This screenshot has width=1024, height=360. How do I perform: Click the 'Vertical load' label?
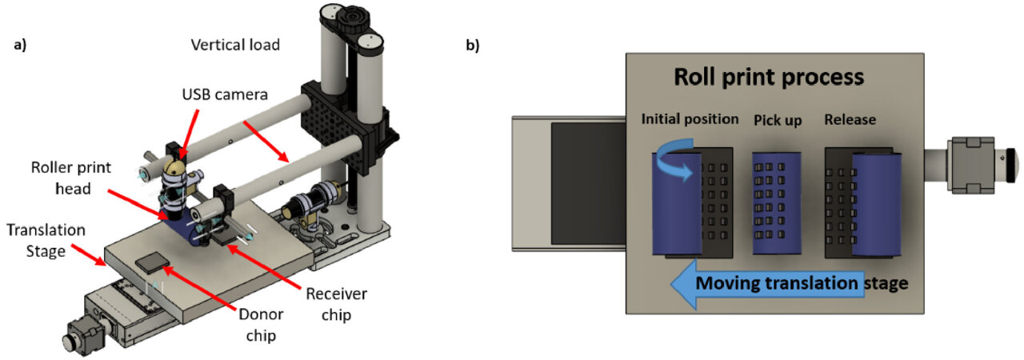[x=235, y=45]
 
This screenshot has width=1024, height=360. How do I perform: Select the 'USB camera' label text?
[x=225, y=94]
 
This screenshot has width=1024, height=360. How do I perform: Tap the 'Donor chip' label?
[x=261, y=325]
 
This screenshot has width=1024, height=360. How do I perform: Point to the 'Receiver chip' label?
[x=336, y=304]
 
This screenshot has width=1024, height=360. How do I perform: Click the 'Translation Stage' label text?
[x=46, y=240]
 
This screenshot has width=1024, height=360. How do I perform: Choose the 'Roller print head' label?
[x=71, y=178]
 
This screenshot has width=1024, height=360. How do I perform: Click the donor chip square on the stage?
[x=152, y=262]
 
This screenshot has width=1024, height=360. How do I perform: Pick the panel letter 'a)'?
[x=20, y=45]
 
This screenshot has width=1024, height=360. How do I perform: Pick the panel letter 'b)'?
[x=473, y=46]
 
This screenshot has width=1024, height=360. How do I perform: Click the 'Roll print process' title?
[x=769, y=77]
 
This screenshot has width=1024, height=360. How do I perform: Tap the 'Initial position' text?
[x=690, y=118]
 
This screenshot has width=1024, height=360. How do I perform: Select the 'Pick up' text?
[x=778, y=120]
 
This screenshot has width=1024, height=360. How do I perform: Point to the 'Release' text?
[x=850, y=120]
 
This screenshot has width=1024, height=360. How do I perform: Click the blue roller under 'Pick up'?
[x=777, y=203]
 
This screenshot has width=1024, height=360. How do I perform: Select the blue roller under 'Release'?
[x=877, y=204]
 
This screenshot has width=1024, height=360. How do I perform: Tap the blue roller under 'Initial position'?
[x=677, y=203]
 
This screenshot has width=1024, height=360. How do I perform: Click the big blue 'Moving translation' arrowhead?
[x=684, y=284]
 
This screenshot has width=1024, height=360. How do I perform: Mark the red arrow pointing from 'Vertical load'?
[x=266, y=141]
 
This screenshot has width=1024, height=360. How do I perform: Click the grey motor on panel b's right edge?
[x=971, y=165]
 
